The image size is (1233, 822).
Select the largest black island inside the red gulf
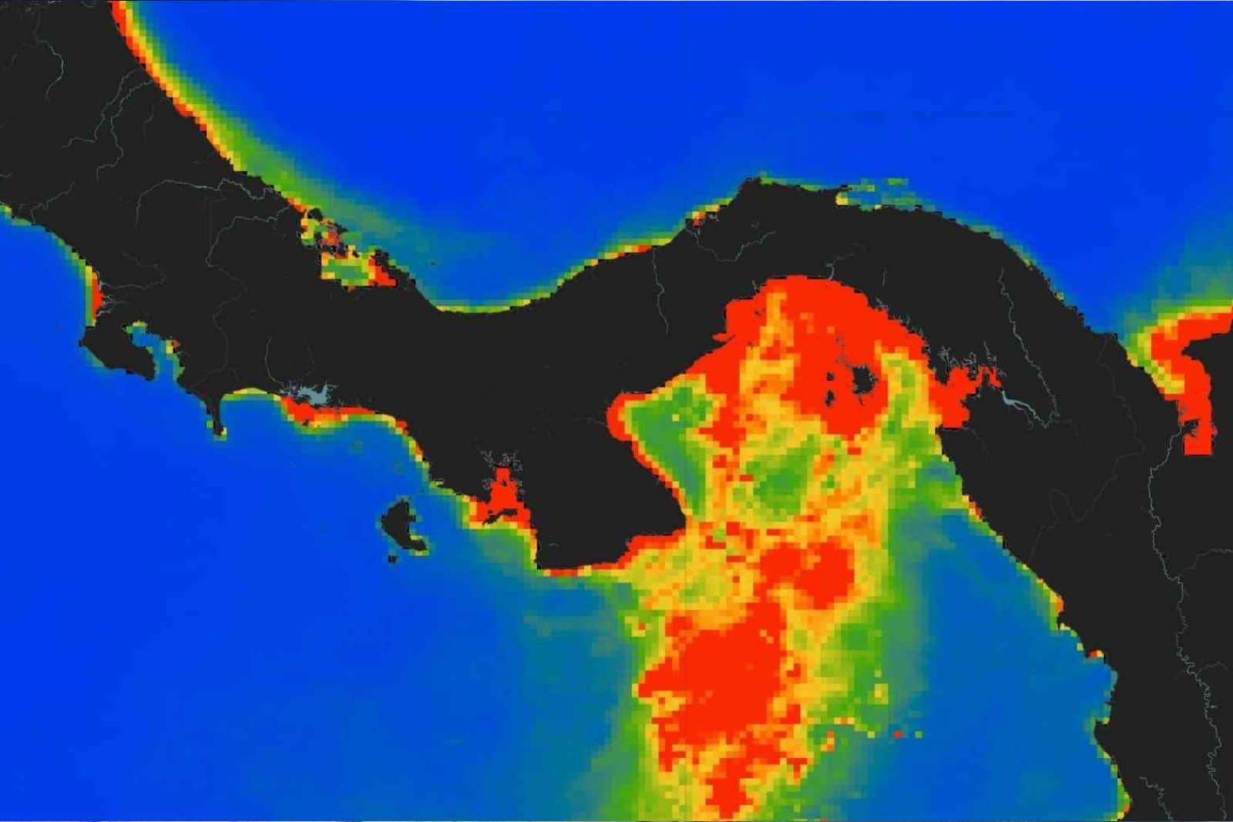pos(862,380)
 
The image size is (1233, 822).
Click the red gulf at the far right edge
pos(1187,377)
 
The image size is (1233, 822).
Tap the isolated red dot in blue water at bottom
pos(899,734)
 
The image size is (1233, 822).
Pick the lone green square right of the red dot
pos(919,734)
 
